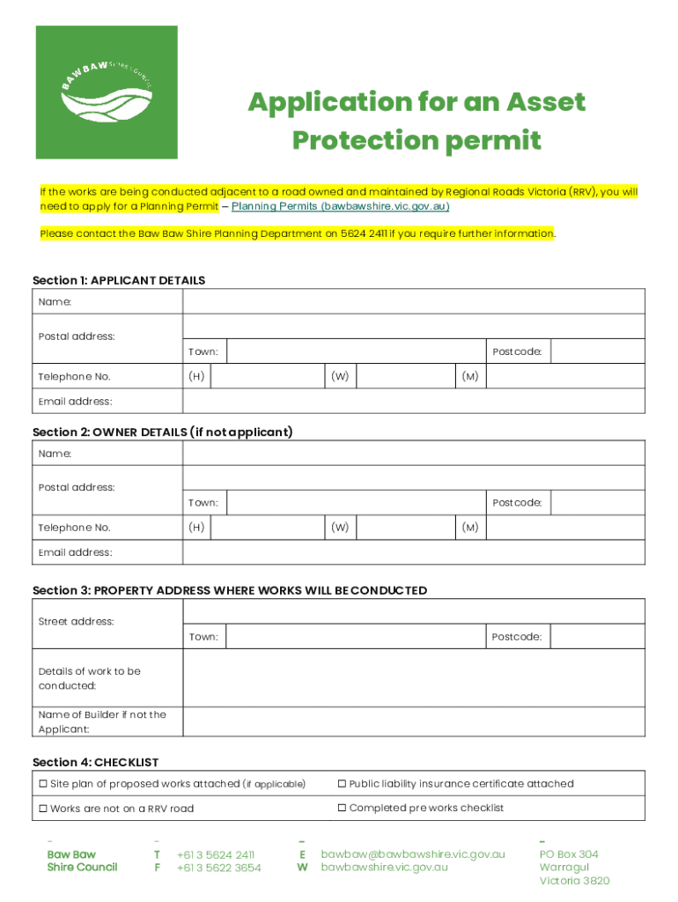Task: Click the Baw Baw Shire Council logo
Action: pyautogui.click(x=107, y=92)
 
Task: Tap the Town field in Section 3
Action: pyautogui.click(x=356, y=637)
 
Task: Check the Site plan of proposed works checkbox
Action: pyautogui.click(x=42, y=784)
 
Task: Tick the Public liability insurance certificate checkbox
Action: pyautogui.click(x=342, y=784)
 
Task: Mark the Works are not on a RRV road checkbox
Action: pyautogui.click(x=42, y=809)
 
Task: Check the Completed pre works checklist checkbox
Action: pyautogui.click(x=342, y=808)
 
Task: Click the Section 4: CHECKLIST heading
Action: pyautogui.click(x=95, y=762)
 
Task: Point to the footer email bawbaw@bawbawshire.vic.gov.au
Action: pyautogui.click(x=412, y=854)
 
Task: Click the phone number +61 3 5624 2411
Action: pyautogui.click(x=215, y=854)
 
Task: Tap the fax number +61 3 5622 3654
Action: pyautogui.click(x=218, y=868)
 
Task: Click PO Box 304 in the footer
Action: pyautogui.click(x=568, y=854)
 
